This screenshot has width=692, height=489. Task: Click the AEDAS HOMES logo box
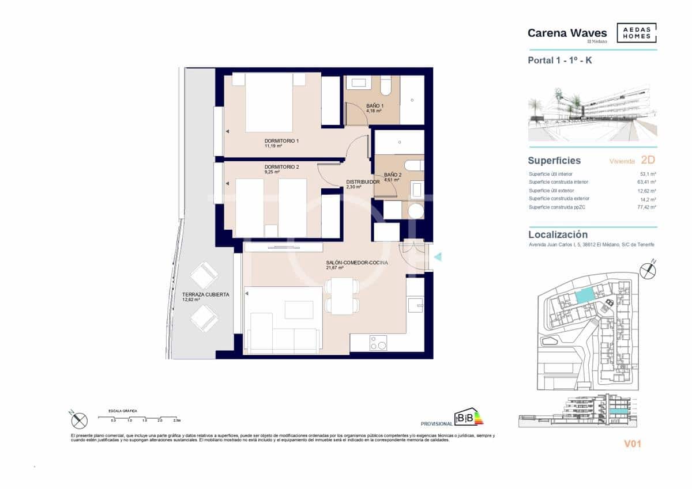point(636,33)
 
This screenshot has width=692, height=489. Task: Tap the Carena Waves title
point(567,33)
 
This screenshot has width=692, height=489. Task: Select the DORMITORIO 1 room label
point(281,141)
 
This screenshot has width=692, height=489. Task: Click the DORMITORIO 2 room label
point(281,167)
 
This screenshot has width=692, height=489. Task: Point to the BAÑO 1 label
point(375,106)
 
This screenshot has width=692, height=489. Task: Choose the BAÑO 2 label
point(393,175)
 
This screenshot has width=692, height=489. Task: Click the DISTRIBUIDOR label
point(362,182)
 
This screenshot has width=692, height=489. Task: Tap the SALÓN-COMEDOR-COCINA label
point(357,263)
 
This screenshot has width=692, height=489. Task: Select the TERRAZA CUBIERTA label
point(206,295)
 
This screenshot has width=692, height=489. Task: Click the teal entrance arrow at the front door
point(437,257)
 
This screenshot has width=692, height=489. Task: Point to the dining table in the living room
point(342,295)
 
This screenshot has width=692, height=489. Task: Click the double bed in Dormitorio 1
point(269,103)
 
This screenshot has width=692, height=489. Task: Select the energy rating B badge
point(468,417)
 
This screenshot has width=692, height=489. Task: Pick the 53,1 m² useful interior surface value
point(648,173)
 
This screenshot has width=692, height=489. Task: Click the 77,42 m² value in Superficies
point(646,207)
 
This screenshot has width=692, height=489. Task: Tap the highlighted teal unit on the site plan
point(584,296)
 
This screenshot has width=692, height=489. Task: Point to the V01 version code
point(633,444)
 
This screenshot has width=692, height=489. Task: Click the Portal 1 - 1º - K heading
point(559,60)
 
